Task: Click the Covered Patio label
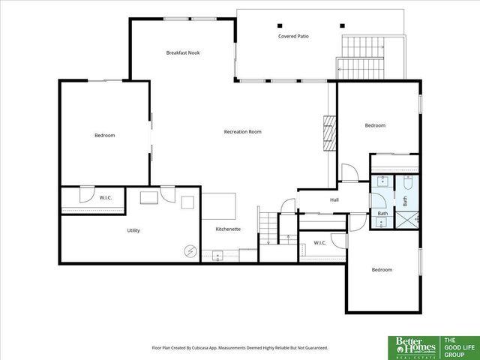pyautogui.click(x=293, y=36)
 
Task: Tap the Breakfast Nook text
pyautogui.click(x=183, y=52)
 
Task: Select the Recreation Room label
pyautogui.click(x=242, y=132)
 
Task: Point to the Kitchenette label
pyautogui.click(x=228, y=229)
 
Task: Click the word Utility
pyautogui.click(x=133, y=230)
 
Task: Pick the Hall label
pyautogui.click(x=334, y=200)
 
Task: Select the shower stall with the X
pyautogui.click(x=406, y=219)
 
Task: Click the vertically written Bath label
pyautogui.click(x=405, y=201)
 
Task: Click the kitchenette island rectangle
pyautogui.click(x=219, y=204)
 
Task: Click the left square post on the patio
pyautogui.click(x=280, y=23)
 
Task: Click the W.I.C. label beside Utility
pyautogui.click(x=106, y=197)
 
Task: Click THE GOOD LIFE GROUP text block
pyautogui.click(x=459, y=346)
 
